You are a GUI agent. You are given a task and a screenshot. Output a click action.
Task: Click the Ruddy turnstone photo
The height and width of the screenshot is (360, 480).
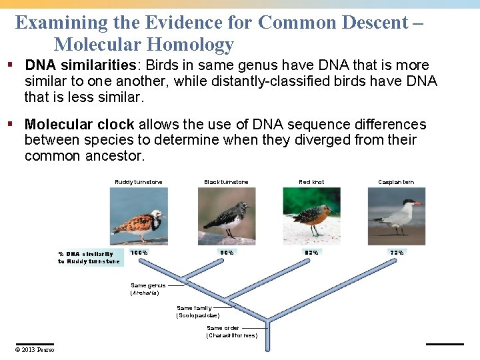click(x=139, y=215)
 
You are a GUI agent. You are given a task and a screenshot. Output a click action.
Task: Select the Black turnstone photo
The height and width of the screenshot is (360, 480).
click(x=226, y=215)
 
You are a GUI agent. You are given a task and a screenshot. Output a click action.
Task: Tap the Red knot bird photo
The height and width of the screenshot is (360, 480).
click(x=311, y=215)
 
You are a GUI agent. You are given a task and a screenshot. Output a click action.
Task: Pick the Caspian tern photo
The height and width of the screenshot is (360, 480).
click(x=396, y=215)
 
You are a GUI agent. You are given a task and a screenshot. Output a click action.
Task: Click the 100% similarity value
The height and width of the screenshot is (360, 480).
click(x=139, y=253)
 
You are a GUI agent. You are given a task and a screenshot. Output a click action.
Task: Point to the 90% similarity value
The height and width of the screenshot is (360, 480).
click(x=227, y=253)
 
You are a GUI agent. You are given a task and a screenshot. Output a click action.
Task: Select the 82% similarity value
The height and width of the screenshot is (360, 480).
click(x=311, y=253)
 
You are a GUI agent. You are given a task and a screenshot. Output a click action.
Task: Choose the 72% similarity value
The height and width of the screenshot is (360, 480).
click(x=396, y=253)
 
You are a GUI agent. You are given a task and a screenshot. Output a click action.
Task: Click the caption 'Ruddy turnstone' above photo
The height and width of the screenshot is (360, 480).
click(x=139, y=182)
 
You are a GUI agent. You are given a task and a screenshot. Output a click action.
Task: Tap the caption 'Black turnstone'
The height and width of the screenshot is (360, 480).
click(x=226, y=182)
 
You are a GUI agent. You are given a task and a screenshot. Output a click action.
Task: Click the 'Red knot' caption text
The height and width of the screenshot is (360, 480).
click(x=311, y=182)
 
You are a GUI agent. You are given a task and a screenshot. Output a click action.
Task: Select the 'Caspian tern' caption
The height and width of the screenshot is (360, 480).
click(x=396, y=182)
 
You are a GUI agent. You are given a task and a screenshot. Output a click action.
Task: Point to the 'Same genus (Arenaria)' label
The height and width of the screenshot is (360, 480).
click(x=147, y=289)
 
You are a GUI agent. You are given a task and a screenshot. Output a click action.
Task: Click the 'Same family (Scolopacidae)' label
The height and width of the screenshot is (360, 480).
click(x=197, y=311)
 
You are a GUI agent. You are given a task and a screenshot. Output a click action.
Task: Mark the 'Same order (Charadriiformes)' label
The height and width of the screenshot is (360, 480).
click(x=231, y=331)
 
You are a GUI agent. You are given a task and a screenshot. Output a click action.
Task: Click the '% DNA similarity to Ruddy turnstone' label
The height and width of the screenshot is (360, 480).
click(x=89, y=257)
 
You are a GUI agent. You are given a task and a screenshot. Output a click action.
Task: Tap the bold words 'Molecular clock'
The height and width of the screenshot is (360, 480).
click(x=79, y=125)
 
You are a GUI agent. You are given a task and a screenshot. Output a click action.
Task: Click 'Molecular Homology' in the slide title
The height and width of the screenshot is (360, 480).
click(x=143, y=45)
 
